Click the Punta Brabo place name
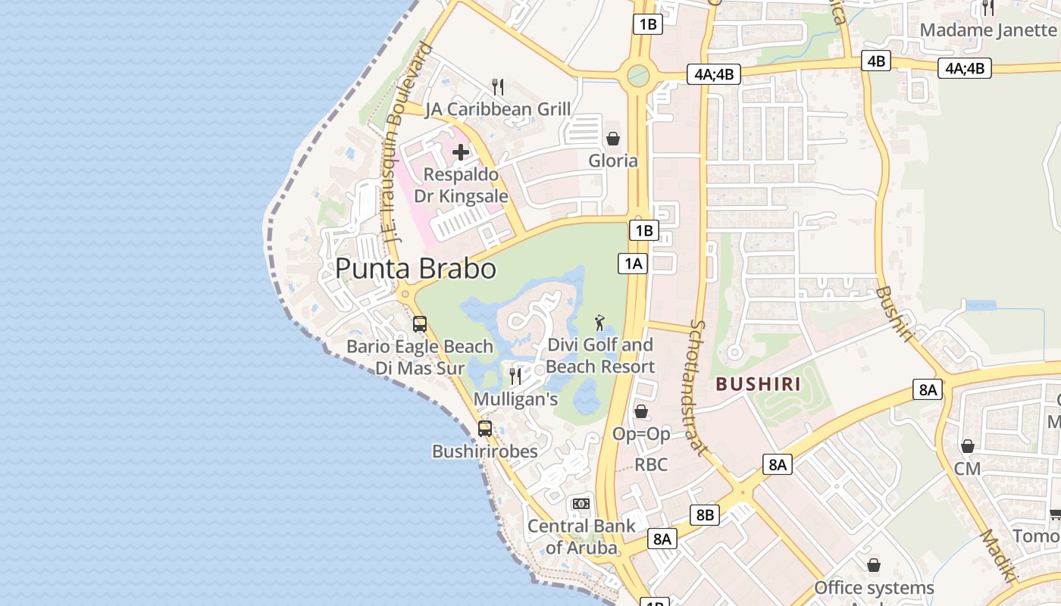415,269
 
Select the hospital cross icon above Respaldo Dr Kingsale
460,152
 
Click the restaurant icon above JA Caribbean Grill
498,87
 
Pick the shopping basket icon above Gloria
613,139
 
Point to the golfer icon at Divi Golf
599,323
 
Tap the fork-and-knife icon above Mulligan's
515,376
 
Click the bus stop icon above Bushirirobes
485,429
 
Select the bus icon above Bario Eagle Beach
420,324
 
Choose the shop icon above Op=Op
641,411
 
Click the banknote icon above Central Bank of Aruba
581,504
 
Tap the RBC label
651,464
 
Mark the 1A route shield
634,263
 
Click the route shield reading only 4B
876,61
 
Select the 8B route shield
705,516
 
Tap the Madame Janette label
987,30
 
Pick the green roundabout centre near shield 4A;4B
639,75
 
